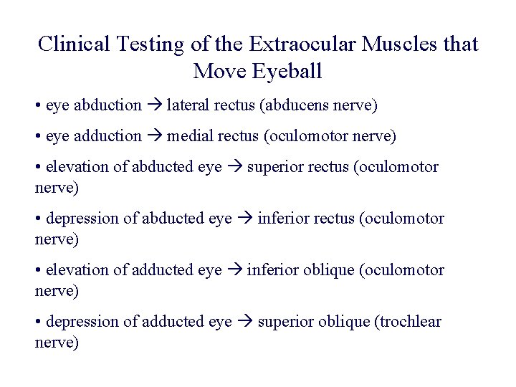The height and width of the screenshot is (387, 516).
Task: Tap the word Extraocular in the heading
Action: tap(303, 44)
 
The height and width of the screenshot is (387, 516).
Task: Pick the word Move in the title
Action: tap(218, 72)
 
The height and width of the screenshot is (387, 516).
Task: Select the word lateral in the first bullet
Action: tap(186, 105)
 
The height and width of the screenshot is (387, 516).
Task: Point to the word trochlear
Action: tap(408, 322)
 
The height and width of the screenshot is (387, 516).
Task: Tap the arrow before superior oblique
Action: tap(244, 322)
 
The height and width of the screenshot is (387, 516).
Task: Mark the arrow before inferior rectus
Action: tap(244, 219)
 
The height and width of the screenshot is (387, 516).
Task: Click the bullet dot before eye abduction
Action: tap(37, 106)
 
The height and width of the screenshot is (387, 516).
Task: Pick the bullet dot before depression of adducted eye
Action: tap(37, 322)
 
